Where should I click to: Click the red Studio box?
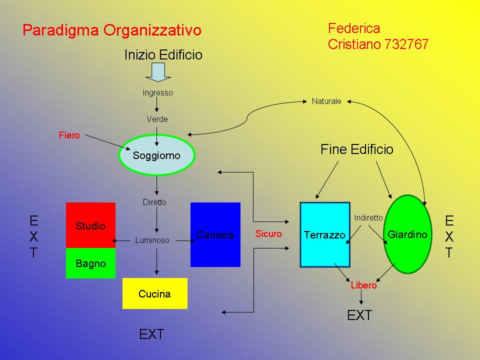(x=90, y=225)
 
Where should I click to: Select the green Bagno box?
(x=90, y=263)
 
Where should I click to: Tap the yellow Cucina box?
(x=154, y=293)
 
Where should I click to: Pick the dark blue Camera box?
(x=215, y=234)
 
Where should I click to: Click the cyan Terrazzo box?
(x=324, y=235)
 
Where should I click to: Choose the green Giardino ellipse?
(x=407, y=234)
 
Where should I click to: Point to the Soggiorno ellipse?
(x=156, y=155)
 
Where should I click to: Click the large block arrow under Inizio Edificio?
(x=157, y=71)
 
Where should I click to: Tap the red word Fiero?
(x=69, y=135)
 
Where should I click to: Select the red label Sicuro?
(x=268, y=233)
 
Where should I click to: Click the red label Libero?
(x=363, y=285)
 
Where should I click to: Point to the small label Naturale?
(x=326, y=101)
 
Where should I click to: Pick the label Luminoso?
(x=152, y=240)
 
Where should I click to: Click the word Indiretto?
(x=368, y=218)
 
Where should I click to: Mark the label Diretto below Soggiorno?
(x=154, y=202)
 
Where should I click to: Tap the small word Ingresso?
(x=157, y=92)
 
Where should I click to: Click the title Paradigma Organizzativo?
(x=112, y=30)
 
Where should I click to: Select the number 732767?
(x=407, y=44)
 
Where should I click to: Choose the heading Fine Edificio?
(x=357, y=149)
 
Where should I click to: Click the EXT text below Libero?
(x=360, y=315)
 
